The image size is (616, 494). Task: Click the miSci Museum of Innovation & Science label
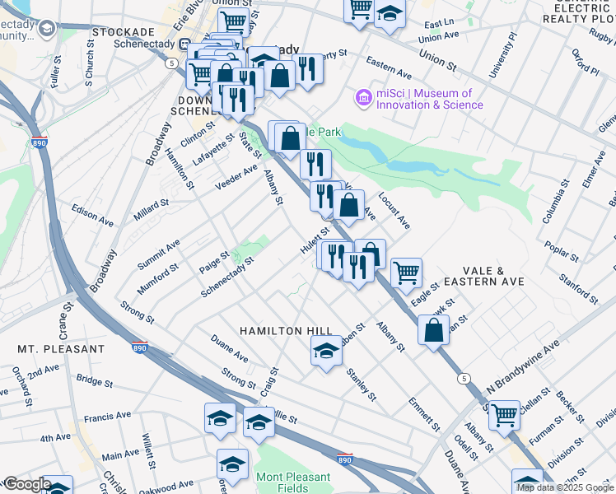pos(429,100)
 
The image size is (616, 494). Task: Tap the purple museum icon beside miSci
pos(363,99)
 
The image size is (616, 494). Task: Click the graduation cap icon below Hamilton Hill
pos(326,352)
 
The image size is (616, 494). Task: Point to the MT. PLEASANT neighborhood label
pos(61,349)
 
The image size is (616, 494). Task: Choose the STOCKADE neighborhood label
pos(124,31)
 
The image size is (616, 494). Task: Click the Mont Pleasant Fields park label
pos(293,482)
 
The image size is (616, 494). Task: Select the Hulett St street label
pos(315,240)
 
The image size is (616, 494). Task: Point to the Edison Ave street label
pos(92,216)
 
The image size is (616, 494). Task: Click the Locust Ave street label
pos(394,211)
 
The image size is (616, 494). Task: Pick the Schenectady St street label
pos(227,277)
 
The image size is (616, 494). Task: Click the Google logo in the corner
pos(26,484)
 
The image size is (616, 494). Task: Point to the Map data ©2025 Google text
pos(565,487)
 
